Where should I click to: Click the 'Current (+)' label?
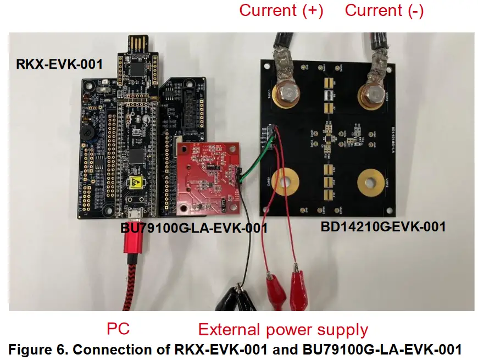[x=281, y=10]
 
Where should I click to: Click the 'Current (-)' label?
[x=384, y=10]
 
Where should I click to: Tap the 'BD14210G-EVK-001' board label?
[x=383, y=225]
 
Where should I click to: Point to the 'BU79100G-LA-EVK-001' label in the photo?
[x=193, y=228]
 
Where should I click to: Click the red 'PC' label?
[x=118, y=329]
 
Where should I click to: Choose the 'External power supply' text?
[x=283, y=330]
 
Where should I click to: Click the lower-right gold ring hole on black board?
[x=371, y=183]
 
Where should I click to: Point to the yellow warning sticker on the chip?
[x=134, y=184]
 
